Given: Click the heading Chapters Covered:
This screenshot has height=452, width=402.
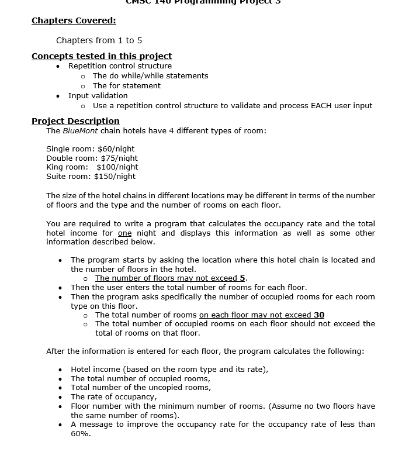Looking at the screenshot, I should point(74,21).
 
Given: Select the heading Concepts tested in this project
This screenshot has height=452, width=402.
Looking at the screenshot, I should point(102,56).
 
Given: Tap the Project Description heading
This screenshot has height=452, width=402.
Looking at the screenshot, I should point(75,121).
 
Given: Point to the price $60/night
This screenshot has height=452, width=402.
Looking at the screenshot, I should point(116,149).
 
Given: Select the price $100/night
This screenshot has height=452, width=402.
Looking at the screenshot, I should point(117,167).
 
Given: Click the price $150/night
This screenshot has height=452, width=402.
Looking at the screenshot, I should point(115,176).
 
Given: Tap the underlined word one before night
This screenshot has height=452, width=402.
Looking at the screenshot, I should point(124,233).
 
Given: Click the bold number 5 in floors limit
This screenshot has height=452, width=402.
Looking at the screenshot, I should point(242,278).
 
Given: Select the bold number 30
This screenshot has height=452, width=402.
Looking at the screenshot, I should point(319,315).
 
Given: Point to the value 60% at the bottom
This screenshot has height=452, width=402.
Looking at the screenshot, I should point(81,433).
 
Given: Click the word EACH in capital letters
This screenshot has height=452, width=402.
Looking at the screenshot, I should point(323,106).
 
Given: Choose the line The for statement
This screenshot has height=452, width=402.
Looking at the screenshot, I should point(126,85).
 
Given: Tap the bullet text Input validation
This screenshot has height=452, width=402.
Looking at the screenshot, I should point(98,95).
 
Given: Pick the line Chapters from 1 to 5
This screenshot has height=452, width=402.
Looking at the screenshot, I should point(99,40).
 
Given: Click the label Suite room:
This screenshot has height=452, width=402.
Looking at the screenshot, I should point(68,176).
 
